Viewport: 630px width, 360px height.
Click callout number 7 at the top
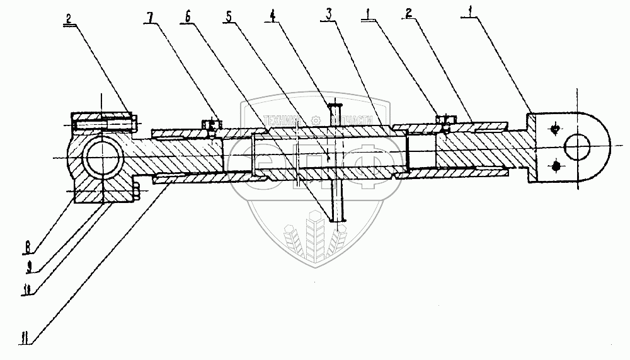click(x=150, y=15)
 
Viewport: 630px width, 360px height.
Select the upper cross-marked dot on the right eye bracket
click(x=554, y=129)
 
